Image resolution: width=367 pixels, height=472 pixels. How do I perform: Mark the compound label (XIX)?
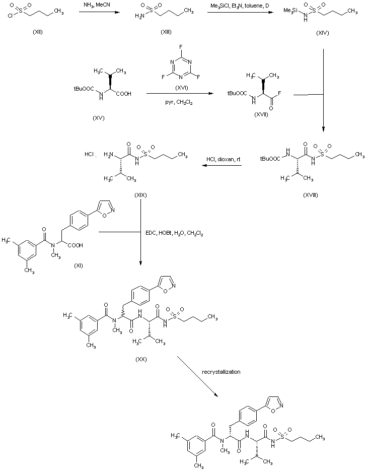point(140,194)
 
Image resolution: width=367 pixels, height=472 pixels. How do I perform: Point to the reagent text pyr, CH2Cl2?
point(179,102)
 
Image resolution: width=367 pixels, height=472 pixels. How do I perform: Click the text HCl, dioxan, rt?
point(223,160)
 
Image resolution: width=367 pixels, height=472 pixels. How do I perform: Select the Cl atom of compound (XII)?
point(5,23)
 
